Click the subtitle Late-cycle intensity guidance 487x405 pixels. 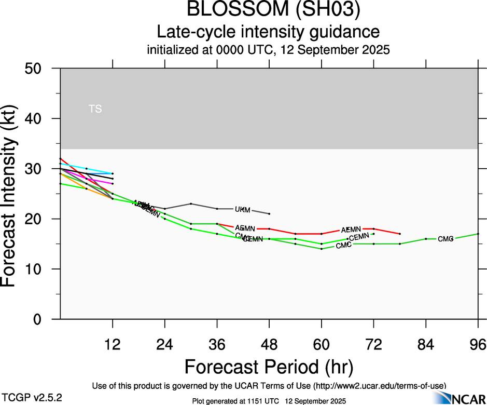269,32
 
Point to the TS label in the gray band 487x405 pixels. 95,109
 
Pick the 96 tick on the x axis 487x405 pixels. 478,344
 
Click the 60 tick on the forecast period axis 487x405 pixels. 322,344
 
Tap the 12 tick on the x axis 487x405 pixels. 113,344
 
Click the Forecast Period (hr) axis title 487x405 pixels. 269,367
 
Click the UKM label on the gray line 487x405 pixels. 243,210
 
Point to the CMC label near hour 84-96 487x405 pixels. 446,239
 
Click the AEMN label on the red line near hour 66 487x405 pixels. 351,230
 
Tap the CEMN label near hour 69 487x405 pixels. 359,237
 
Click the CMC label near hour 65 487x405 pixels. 343,245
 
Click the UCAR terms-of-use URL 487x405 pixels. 379,386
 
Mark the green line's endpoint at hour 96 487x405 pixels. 478,234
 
